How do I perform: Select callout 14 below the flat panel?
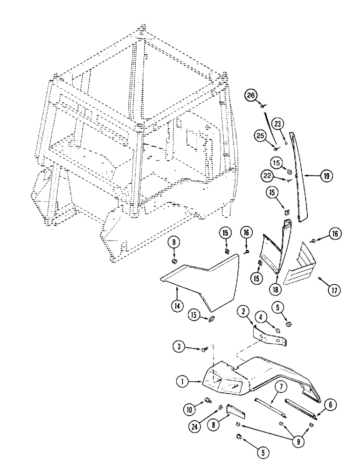tap(176, 306)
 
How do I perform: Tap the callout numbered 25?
tap(260, 137)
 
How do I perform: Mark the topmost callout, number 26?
tap(251, 96)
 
